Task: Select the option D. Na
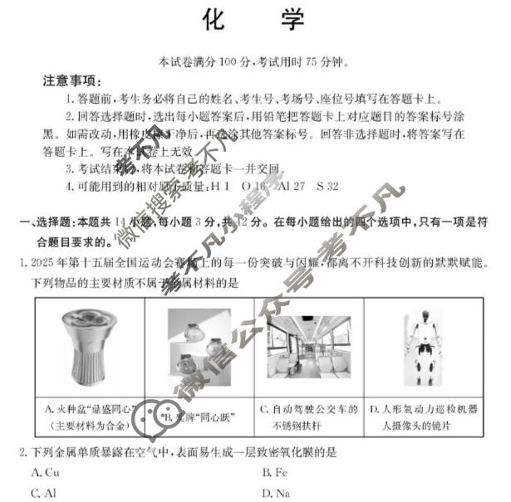(x=275, y=492)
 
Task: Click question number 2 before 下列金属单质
(x=22, y=451)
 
